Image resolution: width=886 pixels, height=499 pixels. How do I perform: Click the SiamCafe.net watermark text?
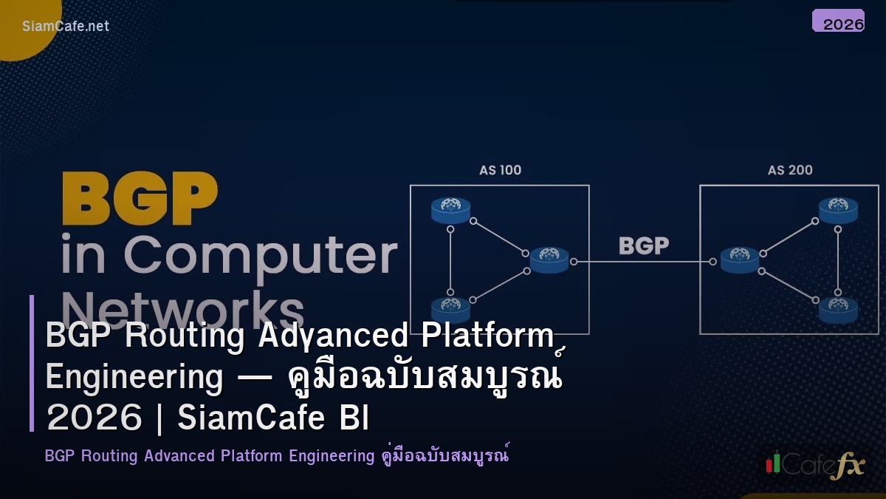pyautogui.click(x=66, y=26)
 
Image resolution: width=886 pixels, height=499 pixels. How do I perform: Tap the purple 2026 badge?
pyautogui.click(x=838, y=21)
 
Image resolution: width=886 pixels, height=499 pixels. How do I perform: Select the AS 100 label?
pyautogui.click(x=500, y=170)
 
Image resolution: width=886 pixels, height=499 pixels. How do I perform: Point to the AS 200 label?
pyautogui.click(x=790, y=170)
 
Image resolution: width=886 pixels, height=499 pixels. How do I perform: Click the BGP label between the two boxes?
pyautogui.click(x=644, y=246)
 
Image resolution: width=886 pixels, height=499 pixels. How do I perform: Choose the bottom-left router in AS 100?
pyautogui.click(x=451, y=309)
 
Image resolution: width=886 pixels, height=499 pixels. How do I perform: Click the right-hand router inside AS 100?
pyautogui.click(x=549, y=259)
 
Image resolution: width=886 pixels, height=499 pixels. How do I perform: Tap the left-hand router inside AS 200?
pyautogui.click(x=740, y=259)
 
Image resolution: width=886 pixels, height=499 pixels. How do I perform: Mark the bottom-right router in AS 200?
pyautogui.click(x=838, y=309)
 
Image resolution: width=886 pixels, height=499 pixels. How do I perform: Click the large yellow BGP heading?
pyautogui.click(x=140, y=199)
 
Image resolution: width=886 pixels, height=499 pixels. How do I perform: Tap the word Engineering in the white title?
pyautogui.click(x=134, y=377)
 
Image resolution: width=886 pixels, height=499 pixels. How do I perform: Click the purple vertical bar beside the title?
pyautogui.click(x=32, y=363)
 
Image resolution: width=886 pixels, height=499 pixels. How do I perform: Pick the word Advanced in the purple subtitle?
pyautogui.click(x=179, y=455)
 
